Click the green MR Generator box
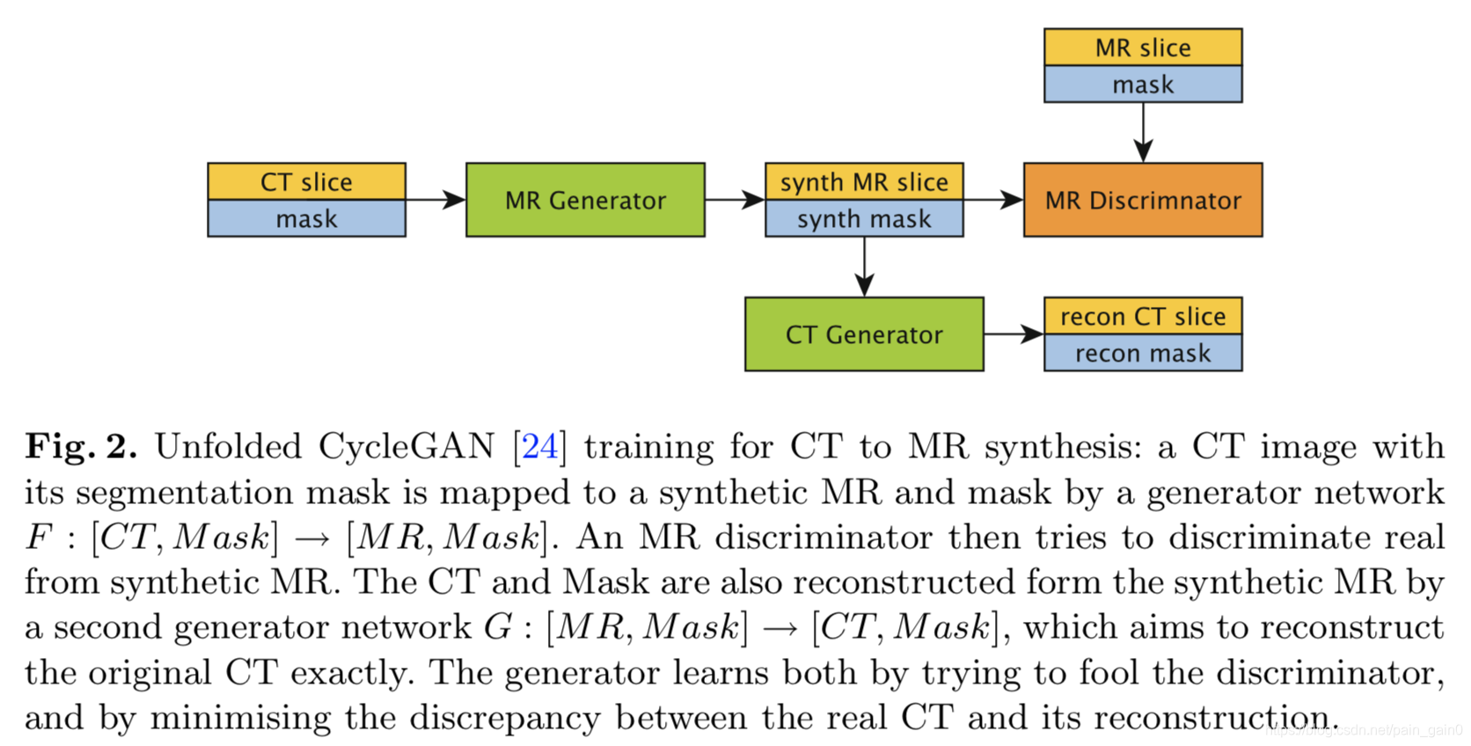click(585, 200)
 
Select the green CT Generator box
click(864, 334)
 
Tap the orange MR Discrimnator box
click(1143, 200)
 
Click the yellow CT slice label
click(306, 181)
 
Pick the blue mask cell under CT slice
click(306, 218)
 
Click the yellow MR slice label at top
click(1143, 48)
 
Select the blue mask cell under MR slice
click(1143, 84)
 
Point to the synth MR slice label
click(864, 181)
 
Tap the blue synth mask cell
click(864, 218)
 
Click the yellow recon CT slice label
click(1143, 316)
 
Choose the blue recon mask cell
click(1143, 353)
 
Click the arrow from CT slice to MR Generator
click(435, 200)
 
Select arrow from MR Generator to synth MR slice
click(735, 200)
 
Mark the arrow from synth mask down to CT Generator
click(864, 267)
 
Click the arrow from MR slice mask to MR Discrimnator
click(1143, 132)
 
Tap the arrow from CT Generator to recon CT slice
click(1014, 334)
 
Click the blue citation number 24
click(539, 447)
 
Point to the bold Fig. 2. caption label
click(81, 447)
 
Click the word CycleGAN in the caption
click(406, 447)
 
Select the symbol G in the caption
click(498, 627)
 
